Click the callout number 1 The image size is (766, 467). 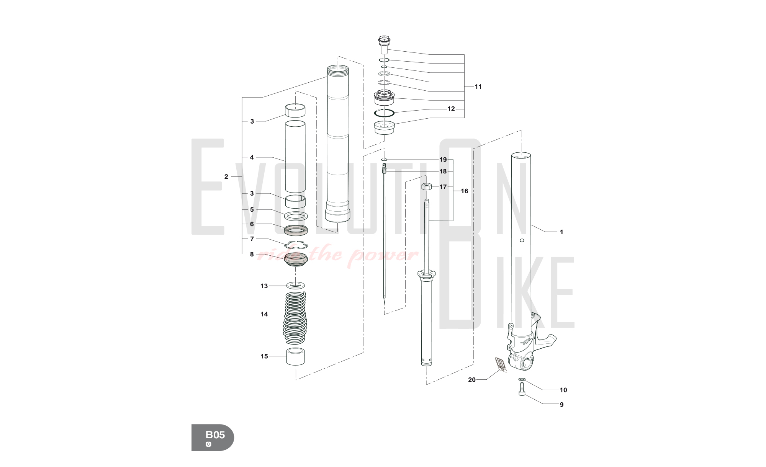coord(561,232)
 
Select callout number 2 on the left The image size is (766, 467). coord(226,176)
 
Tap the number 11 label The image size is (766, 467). coord(478,87)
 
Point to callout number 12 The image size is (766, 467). coord(451,109)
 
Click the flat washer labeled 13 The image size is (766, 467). coord(296,285)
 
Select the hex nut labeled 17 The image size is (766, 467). coord(427,187)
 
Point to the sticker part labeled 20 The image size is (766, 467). coord(499,364)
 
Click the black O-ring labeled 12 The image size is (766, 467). coord(384,113)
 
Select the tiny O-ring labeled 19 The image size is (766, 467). coord(385,159)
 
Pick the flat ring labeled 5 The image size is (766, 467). coord(296,216)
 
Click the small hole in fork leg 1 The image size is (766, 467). coord(521,241)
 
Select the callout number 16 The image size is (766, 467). coord(464,191)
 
